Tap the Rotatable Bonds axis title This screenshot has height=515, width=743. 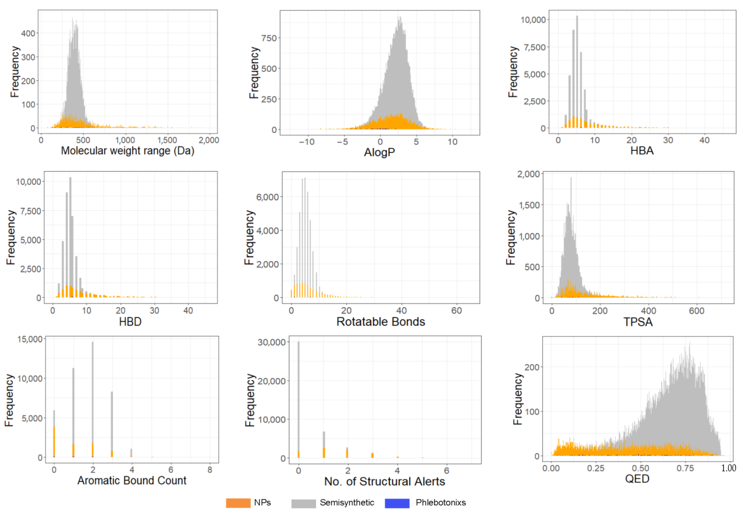[x=381, y=322]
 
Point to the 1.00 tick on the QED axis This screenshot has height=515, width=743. [x=729, y=468]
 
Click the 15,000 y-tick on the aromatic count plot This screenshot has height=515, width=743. [x=30, y=339]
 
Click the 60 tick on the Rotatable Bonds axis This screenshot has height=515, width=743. [x=456, y=311]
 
